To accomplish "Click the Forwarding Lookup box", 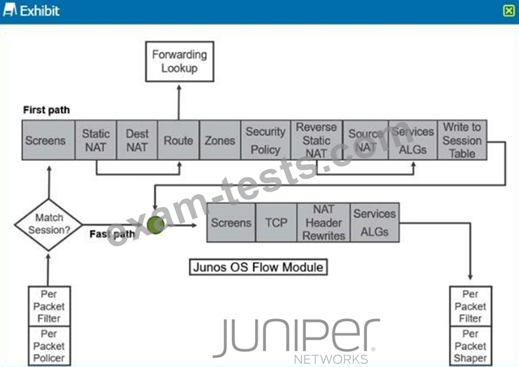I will point(179,61).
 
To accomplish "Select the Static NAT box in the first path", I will point(96,140).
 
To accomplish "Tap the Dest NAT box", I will point(137,140).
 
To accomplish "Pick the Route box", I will point(178,140).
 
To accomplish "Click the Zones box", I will point(220,140).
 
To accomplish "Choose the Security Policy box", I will point(265,140).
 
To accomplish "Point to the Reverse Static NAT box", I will point(316,140).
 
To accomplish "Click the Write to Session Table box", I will point(462,140).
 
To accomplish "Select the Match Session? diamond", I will point(48,225).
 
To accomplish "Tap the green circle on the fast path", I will point(156,225).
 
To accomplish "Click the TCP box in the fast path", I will point(276,223).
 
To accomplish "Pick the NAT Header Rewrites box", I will point(324,223).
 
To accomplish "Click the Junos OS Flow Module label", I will point(258,267).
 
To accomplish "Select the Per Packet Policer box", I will point(48,346).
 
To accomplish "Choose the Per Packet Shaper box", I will point(471,346).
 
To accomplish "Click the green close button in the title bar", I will point(509,11).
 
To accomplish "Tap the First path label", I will point(46,110).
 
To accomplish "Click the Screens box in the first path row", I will point(45,140).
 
